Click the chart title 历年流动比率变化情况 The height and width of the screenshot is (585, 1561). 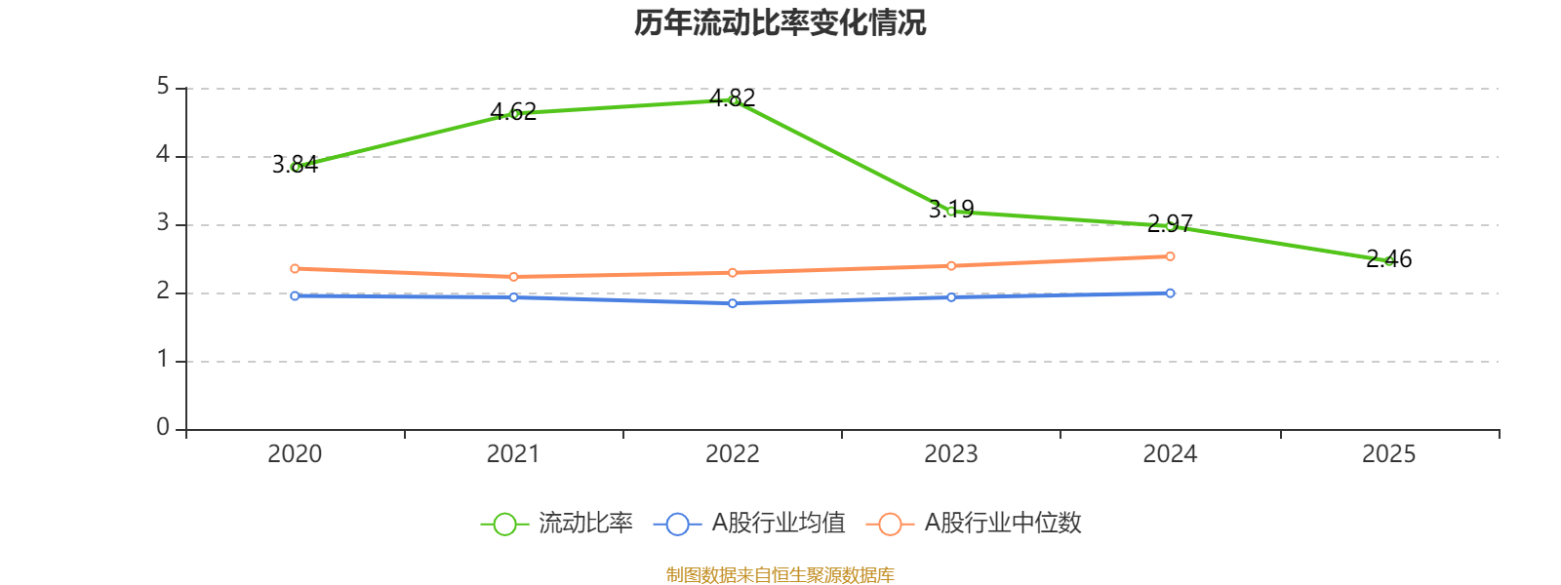point(780,23)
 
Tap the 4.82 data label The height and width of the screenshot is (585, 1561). point(732,98)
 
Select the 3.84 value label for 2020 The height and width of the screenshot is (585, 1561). point(295,165)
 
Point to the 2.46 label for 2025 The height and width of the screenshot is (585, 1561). point(1389,259)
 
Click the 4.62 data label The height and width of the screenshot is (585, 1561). point(513,111)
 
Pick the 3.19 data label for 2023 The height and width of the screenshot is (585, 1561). point(951,209)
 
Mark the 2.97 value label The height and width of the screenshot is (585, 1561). point(1170,223)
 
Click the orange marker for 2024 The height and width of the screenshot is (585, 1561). point(1170,256)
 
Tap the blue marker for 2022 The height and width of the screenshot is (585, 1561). point(733,303)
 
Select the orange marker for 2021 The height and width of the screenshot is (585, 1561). point(513,277)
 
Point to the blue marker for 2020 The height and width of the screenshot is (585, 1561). point(295,296)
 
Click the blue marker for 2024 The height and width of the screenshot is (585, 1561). point(1170,293)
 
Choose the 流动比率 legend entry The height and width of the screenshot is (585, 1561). point(557,523)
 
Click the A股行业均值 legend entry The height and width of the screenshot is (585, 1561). point(749,523)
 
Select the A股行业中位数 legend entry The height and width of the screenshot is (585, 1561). point(974,523)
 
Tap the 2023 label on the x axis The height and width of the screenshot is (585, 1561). point(951,454)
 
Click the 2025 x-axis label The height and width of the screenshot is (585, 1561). point(1389,454)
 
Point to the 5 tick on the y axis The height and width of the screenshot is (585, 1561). point(163,87)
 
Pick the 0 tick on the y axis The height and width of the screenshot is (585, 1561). point(163,427)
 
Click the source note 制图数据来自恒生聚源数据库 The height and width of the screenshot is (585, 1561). point(780,574)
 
